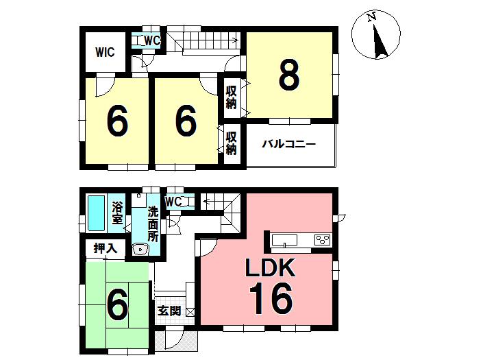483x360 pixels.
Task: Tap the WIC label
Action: tap(105, 52)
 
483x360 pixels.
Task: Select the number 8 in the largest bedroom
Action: tap(288, 75)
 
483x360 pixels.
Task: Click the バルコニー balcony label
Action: tap(288, 145)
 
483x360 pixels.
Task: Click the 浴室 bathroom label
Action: tap(117, 212)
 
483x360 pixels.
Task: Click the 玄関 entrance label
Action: tap(169, 311)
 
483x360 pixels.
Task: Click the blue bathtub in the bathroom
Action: tap(95, 213)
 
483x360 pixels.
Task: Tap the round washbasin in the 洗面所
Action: tap(142, 250)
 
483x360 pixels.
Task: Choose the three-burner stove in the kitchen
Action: tap(321, 239)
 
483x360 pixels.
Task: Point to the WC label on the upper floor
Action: tap(152, 41)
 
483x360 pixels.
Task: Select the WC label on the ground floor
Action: tap(173, 202)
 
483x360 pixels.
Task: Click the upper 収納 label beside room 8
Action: tap(231, 97)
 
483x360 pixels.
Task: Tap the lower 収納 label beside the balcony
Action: tap(231, 143)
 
